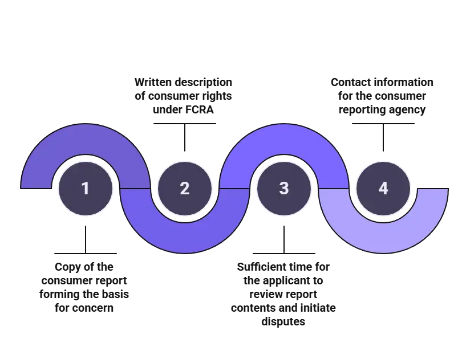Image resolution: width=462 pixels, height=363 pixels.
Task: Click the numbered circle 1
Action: point(86,188)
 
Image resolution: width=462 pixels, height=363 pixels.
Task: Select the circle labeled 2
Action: point(185,188)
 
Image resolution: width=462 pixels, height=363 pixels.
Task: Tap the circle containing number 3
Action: point(284,188)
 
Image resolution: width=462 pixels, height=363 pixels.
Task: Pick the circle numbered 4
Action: point(383,188)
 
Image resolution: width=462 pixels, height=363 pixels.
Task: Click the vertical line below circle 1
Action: point(86,237)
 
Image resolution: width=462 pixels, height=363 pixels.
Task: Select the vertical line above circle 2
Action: point(185,140)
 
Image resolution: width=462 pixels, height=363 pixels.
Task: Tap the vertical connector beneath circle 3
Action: point(284,237)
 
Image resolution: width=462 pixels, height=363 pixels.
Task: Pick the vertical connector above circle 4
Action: point(383,140)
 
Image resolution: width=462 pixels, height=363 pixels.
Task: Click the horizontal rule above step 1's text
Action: point(86,251)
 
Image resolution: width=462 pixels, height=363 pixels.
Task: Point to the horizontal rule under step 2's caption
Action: point(185,124)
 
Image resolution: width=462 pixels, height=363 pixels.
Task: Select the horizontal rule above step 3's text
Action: point(284,251)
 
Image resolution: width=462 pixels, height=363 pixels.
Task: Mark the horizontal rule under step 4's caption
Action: point(383,124)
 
